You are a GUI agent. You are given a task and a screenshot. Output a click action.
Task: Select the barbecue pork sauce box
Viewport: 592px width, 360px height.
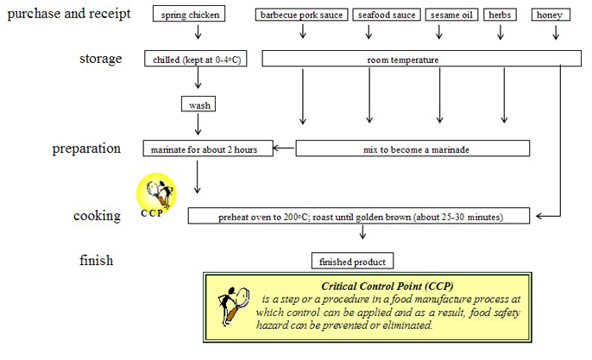tap(302, 15)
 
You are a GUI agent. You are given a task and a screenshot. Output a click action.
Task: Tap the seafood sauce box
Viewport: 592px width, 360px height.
tap(385, 15)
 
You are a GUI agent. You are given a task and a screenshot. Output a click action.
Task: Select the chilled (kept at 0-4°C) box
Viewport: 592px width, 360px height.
tap(197, 59)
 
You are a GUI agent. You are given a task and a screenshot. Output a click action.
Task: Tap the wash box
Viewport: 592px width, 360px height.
tap(197, 105)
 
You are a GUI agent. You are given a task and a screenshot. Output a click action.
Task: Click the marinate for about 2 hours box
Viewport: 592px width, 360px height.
tap(208, 148)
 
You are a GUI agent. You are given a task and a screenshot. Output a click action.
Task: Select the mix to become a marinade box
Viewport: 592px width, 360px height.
tap(413, 148)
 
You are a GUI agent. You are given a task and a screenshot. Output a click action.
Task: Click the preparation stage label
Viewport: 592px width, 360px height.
tap(86, 148)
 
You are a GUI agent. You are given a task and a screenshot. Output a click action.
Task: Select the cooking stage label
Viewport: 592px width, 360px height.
tap(97, 215)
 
